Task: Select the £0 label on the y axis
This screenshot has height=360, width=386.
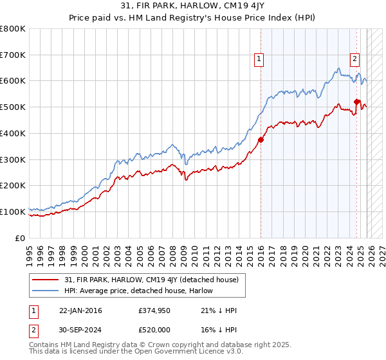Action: click(x=21, y=238)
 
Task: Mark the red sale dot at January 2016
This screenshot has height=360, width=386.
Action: click(x=261, y=139)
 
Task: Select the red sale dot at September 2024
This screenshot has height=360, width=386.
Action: click(x=356, y=101)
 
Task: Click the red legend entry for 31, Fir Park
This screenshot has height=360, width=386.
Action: click(x=154, y=280)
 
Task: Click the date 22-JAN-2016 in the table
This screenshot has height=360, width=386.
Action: click(x=80, y=310)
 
